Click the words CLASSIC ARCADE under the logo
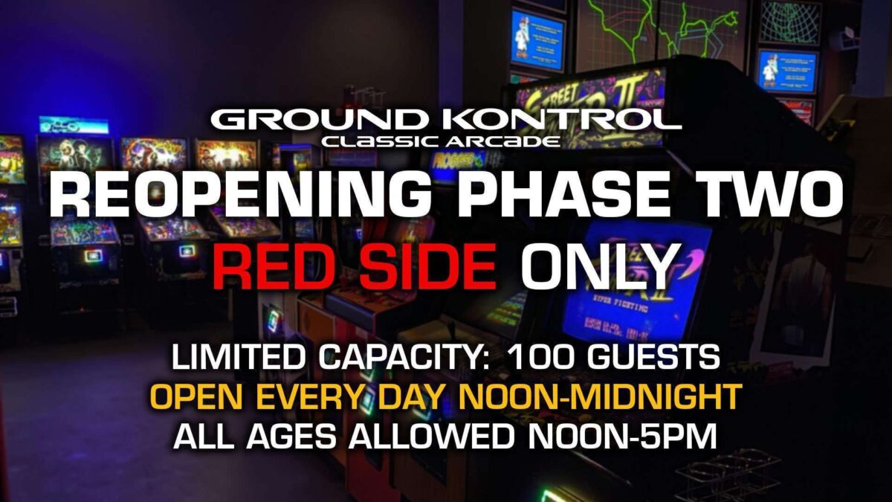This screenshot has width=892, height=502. click(441, 141)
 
